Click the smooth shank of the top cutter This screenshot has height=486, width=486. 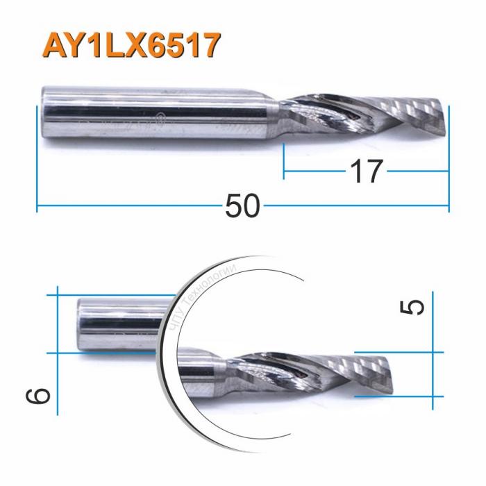pos(160,114)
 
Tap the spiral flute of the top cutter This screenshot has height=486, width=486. pos(347,114)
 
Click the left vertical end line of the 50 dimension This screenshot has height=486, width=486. pos(36,160)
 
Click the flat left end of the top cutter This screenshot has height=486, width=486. pos(43,114)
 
